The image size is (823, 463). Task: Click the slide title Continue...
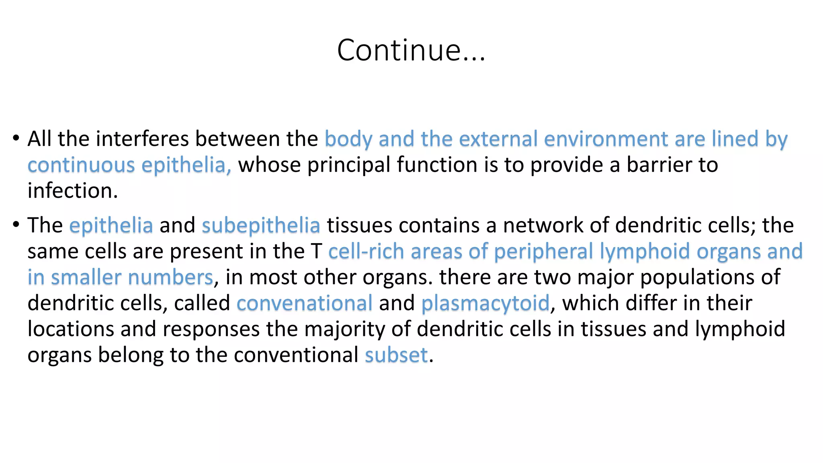[411, 50]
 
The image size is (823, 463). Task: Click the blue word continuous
[81, 165]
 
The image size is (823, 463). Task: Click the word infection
[72, 191]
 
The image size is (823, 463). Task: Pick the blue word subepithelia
[261, 225]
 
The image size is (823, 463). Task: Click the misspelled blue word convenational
[304, 303]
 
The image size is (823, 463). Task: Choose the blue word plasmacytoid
[485, 303]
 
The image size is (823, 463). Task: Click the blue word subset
[396, 355]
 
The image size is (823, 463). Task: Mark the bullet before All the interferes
[16, 138]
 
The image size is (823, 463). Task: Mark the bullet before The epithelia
[16, 225]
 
